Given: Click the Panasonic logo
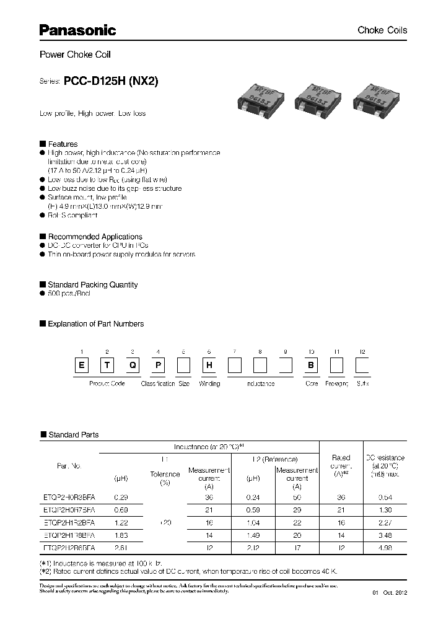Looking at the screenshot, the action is pyautogui.click(x=77, y=29).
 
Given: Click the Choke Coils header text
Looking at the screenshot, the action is pyautogui.click(x=382, y=30).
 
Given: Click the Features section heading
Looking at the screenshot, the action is pyautogui.click(x=63, y=144).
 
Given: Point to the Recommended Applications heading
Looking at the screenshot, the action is pyautogui.click(x=95, y=237).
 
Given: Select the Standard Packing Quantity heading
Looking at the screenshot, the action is pyautogui.click(x=92, y=285).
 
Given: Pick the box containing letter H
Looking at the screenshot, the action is pyautogui.click(x=209, y=366).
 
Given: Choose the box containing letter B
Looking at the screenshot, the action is pyautogui.click(x=311, y=366).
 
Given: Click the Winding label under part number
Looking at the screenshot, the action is pyautogui.click(x=209, y=384).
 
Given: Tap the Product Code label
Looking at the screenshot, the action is pyautogui.click(x=107, y=384).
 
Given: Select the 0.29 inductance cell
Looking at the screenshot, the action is pyautogui.click(x=121, y=498).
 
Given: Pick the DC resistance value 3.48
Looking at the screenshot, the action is pyautogui.click(x=385, y=535).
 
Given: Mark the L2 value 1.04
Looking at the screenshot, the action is pyautogui.click(x=254, y=522).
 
